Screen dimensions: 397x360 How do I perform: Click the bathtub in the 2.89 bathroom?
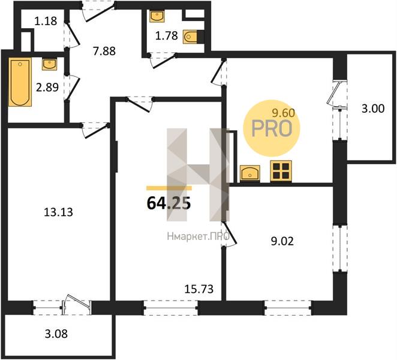(x=20, y=82)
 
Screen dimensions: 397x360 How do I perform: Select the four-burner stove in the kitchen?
(x=281, y=171)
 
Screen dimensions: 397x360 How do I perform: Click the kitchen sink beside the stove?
(x=250, y=174)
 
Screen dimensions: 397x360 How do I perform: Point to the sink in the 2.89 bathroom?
(x=50, y=64)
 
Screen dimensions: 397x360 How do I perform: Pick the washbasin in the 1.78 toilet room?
(x=157, y=16)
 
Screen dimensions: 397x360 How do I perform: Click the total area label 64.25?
(x=169, y=203)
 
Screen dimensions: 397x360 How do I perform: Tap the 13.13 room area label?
(x=59, y=212)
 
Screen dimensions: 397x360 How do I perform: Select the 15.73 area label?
(x=199, y=289)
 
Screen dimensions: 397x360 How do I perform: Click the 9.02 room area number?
(x=282, y=241)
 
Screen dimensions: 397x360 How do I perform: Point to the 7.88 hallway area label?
(x=104, y=51)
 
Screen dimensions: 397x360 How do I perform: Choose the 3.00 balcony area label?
(x=373, y=109)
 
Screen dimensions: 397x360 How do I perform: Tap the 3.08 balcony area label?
(x=56, y=334)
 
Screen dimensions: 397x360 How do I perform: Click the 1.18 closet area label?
(x=46, y=21)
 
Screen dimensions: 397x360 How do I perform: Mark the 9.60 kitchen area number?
(x=284, y=113)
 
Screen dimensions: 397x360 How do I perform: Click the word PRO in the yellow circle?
(x=272, y=128)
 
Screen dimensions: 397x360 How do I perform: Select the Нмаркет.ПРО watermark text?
(x=198, y=236)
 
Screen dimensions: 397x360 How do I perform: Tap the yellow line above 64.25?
(x=169, y=188)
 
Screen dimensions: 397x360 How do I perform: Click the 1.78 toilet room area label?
(x=166, y=36)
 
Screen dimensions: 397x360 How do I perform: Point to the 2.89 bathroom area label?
(x=47, y=87)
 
